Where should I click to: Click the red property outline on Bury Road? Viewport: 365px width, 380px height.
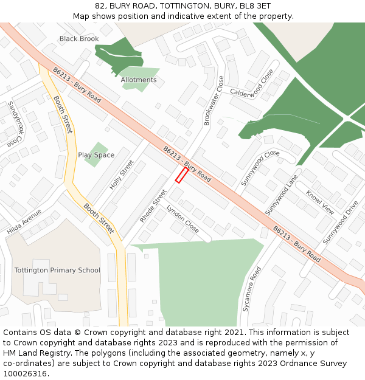[x=181, y=175]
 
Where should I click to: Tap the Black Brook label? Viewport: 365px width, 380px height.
[x=79, y=39]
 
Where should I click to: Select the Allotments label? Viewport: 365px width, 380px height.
[x=138, y=80]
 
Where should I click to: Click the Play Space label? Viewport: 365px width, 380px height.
[x=96, y=155]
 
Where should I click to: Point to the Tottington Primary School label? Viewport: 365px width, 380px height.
[x=57, y=270]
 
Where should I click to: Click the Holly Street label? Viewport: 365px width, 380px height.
[x=122, y=175]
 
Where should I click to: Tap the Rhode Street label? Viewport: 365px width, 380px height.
[x=153, y=206]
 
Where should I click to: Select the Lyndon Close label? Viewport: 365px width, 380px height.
[x=182, y=219]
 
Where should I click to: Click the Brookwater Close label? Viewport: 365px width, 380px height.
[x=214, y=101]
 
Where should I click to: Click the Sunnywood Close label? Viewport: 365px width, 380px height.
[x=260, y=168]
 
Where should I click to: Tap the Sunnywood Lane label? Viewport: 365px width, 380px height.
[x=282, y=195]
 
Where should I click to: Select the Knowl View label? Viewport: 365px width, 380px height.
[x=320, y=202]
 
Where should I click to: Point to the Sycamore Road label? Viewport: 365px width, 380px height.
[x=252, y=289]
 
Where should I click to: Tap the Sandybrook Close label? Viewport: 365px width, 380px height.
[x=13, y=125]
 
